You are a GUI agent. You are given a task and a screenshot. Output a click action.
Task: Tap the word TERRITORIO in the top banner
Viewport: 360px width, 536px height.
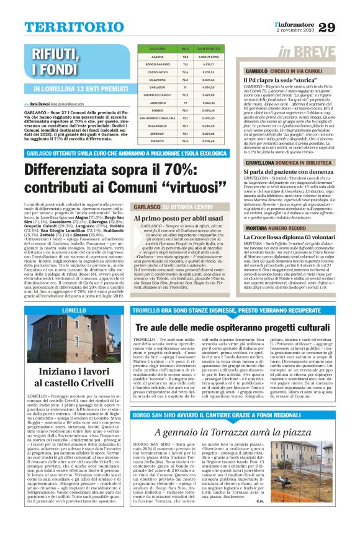68,27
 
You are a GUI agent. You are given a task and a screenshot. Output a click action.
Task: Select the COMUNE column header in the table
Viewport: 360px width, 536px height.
158,48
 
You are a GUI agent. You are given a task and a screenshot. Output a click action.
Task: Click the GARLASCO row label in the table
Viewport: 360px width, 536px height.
158,88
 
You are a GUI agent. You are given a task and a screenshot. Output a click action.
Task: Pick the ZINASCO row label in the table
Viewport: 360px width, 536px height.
158,160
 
